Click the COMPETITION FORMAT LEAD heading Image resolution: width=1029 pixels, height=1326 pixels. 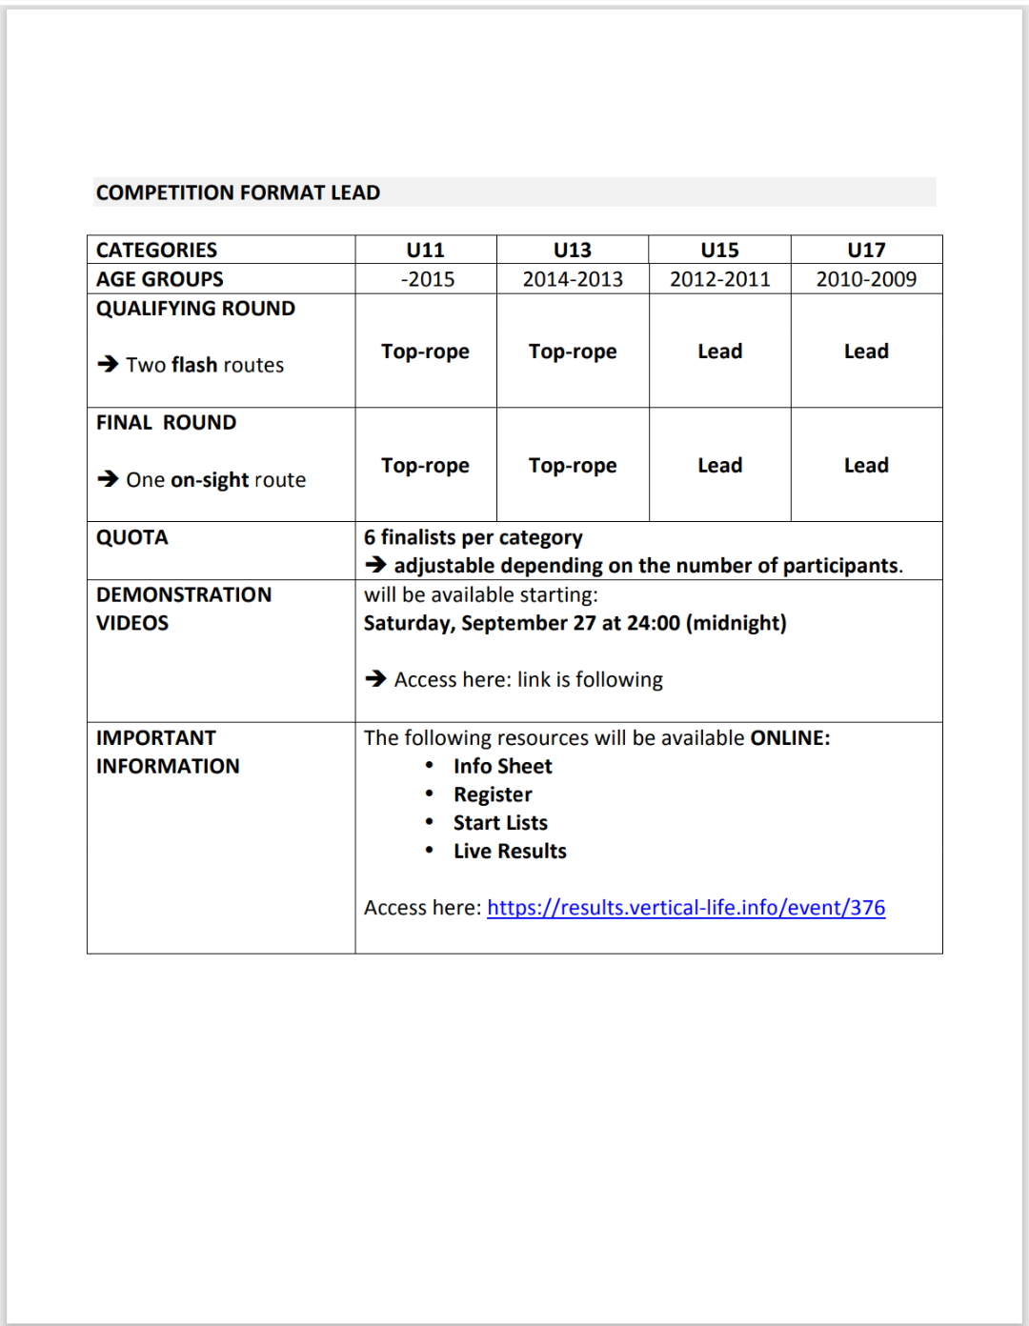pyautogui.click(x=238, y=192)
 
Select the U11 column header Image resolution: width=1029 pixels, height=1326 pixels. pyautogui.click(x=425, y=250)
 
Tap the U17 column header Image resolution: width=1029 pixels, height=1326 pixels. pyautogui.click(x=866, y=250)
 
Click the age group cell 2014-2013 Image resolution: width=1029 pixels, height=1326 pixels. pyautogui.click(x=573, y=279)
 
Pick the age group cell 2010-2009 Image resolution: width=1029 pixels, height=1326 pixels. pyautogui.click(x=866, y=279)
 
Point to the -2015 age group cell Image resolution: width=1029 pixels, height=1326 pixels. pyautogui.click(x=427, y=279)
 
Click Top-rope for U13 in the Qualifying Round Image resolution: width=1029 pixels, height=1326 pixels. pyautogui.click(x=573, y=352)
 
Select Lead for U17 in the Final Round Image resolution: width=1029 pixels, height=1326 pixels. pyautogui.click(x=866, y=466)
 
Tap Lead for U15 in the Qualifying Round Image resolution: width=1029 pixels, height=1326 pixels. pyautogui.click(x=719, y=352)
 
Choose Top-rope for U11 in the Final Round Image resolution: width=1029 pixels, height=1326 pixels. pyautogui.click(x=425, y=466)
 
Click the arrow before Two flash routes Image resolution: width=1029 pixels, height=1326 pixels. pyautogui.click(x=108, y=364)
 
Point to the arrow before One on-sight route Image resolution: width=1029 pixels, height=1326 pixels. pyautogui.click(x=108, y=478)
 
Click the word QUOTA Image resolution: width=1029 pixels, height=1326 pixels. pyautogui.click(x=132, y=537)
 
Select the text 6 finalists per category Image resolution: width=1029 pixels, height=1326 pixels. pyautogui.click(x=473, y=537)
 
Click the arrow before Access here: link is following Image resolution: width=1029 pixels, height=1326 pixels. pyautogui.click(x=375, y=678)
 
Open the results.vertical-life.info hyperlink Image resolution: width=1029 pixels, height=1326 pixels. pyautogui.click(x=686, y=908)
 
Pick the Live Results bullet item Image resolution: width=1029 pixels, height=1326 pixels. pyautogui.click(x=510, y=852)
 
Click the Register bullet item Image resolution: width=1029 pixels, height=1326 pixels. pyautogui.click(x=493, y=794)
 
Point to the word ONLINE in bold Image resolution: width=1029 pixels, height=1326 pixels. pyautogui.click(x=790, y=738)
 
